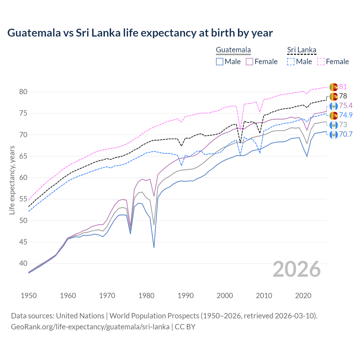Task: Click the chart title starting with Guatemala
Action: (x=140, y=33)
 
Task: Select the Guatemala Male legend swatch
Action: (x=220, y=62)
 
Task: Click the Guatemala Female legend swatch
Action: (x=249, y=62)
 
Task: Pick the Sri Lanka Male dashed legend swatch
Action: (x=291, y=62)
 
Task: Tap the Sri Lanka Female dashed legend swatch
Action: (x=321, y=62)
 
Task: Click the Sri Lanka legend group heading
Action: (x=301, y=50)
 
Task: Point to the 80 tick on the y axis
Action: (x=23, y=92)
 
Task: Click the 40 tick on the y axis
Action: (x=23, y=264)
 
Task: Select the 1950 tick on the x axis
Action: (x=29, y=296)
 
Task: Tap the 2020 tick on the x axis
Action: (x=303, y=296)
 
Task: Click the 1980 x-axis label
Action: (x=146, y=296)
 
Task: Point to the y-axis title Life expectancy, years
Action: (x=12, y=180)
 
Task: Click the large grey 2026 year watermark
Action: (x=296, y=269)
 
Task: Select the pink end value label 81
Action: (x=343, y=87)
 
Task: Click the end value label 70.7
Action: (x=346, y=134)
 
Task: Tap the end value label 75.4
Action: (x=346, y=106)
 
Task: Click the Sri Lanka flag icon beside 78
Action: (x=334, y=96)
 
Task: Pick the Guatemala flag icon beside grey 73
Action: (x=334, y=125)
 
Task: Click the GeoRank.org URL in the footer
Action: (x=90, y=327)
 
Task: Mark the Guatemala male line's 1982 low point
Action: (x=154, y=247)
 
